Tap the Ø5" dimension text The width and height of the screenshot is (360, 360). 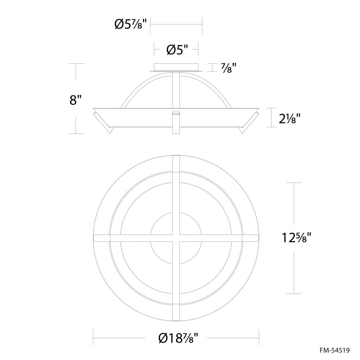177,50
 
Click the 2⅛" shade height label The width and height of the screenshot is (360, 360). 289,118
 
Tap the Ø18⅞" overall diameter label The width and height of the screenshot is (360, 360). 178,338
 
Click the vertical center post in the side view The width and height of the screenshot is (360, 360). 176,90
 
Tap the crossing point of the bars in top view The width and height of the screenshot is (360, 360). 176,238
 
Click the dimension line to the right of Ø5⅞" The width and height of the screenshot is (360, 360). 176,24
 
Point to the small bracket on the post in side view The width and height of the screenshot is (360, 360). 176,113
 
